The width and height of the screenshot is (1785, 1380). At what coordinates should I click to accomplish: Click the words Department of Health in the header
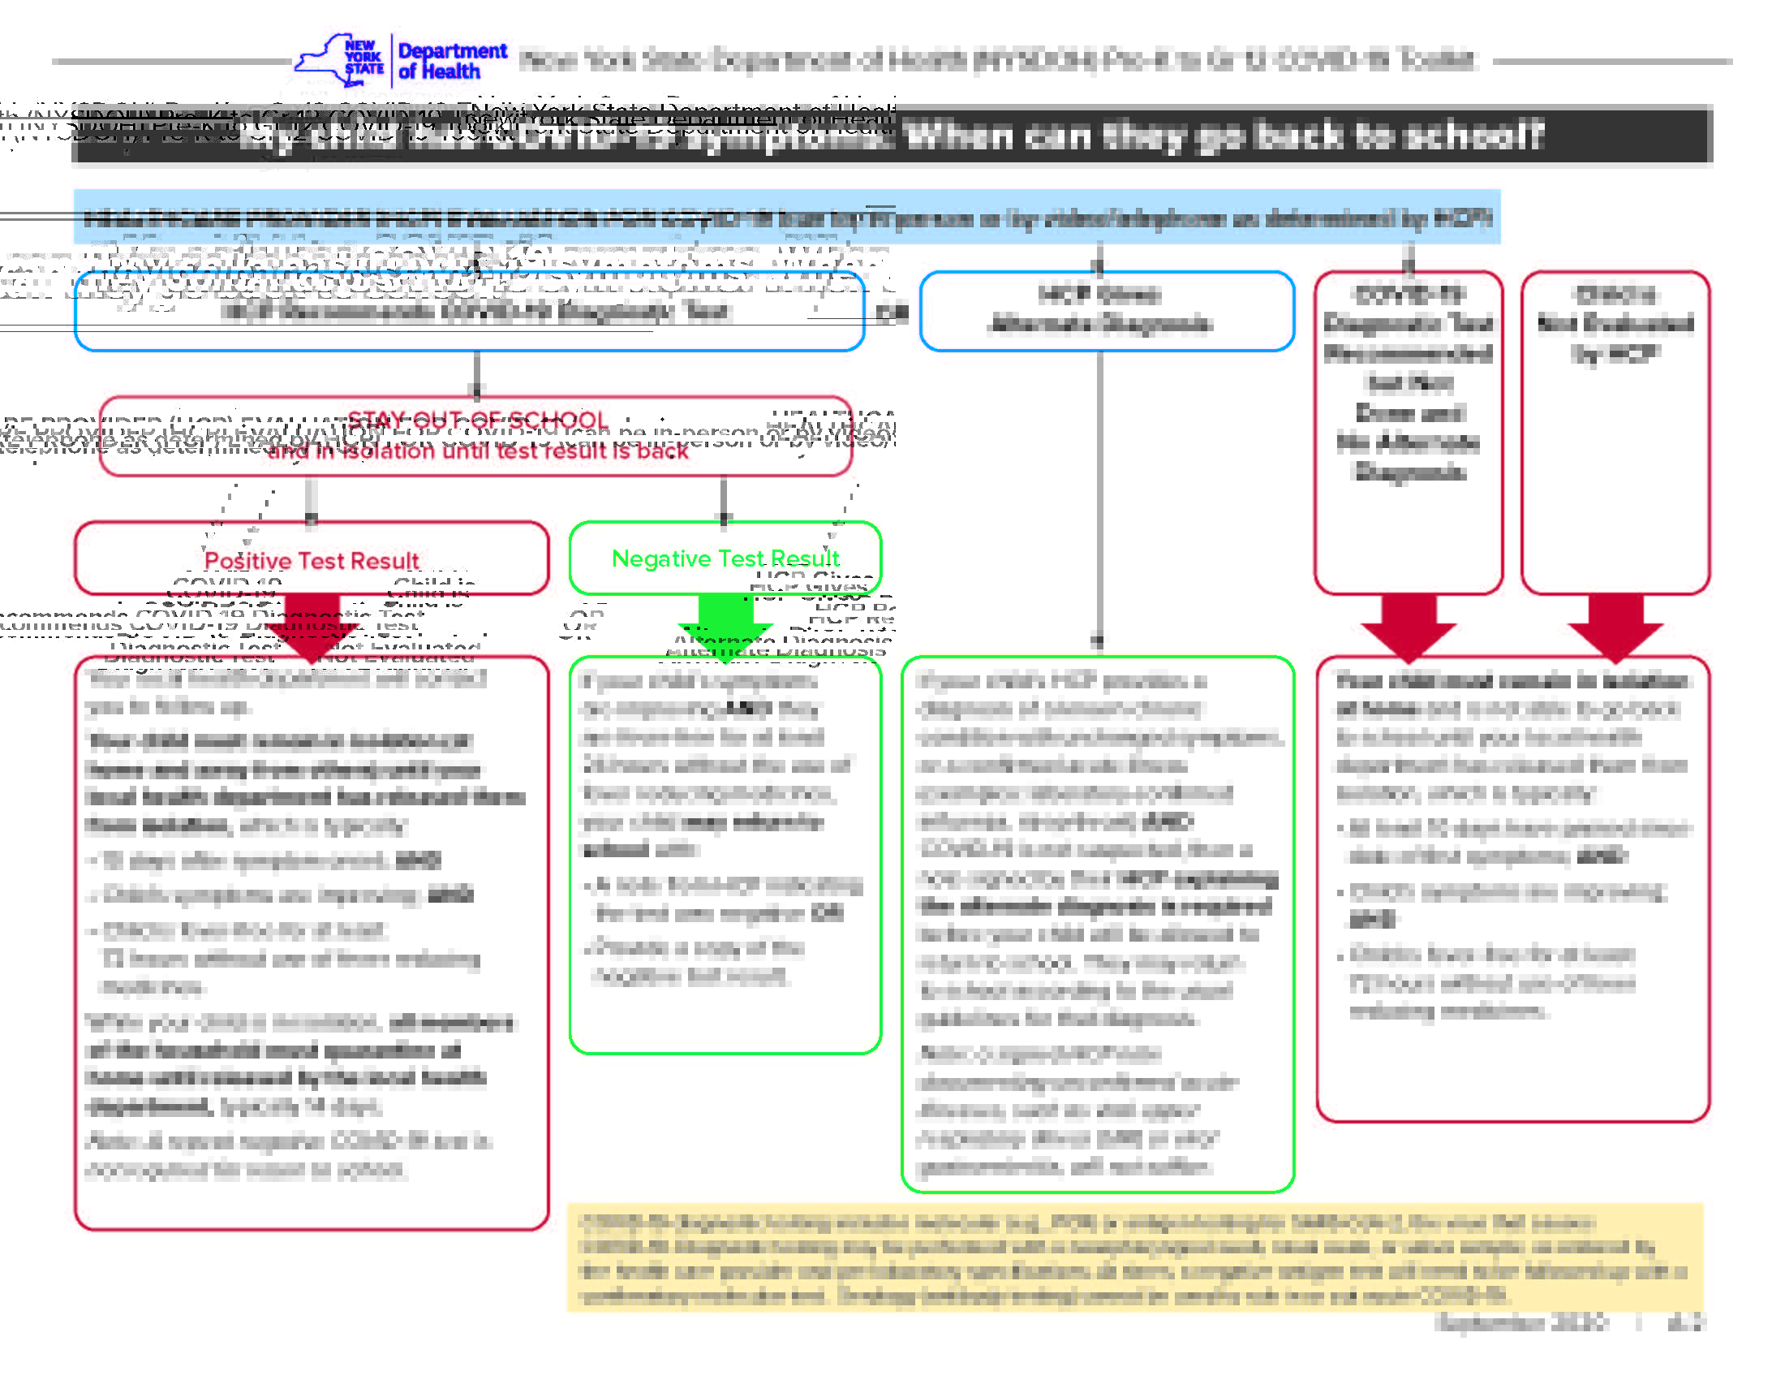click(452, 62)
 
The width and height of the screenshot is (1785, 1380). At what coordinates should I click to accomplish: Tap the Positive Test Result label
click(312, 561)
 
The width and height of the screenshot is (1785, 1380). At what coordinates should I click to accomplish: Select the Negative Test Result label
click(725, 558)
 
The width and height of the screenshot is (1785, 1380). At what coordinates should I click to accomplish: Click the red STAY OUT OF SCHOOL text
click(477, 420)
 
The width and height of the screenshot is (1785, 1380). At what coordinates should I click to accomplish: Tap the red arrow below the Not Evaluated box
click(1615, 626)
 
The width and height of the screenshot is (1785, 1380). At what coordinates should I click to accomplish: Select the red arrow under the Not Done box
click(1409, 626)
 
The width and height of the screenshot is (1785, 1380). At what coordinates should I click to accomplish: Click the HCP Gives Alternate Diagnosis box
click(1106, 311)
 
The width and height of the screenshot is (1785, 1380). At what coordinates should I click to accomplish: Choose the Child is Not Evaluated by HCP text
click(1615, 324)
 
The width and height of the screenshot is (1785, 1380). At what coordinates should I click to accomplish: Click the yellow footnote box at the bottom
click(1134, 1257)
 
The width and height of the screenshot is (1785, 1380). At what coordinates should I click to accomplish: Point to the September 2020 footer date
click(1521, 1323)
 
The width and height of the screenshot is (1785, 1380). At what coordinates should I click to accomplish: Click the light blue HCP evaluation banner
click(786, 218)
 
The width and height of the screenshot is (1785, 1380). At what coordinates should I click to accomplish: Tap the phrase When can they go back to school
click(1224, 136)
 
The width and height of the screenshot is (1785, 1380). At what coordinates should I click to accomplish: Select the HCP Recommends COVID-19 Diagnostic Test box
click(469, 312)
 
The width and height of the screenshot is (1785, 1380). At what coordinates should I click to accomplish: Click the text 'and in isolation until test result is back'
click(477, 451)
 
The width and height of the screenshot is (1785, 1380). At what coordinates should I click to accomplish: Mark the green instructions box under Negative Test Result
click(725, 854)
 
